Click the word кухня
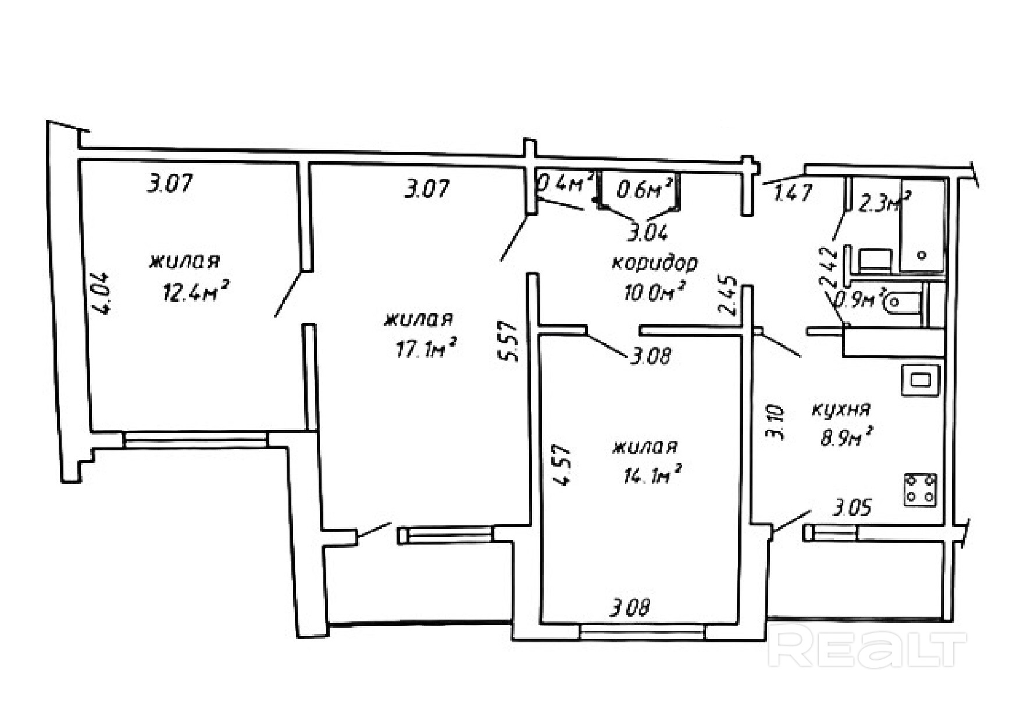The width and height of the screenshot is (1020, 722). [x=841, y=410]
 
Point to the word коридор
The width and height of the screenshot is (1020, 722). [x=654, y=264]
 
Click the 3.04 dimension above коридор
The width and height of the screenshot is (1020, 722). [x=647, y=233]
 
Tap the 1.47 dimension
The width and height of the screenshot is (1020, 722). [x=792, y=193]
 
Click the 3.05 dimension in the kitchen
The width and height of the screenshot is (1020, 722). [x=852, y=509]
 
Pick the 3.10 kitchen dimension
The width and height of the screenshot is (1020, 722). [x=778, y=424]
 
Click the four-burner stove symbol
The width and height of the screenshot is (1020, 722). [x=921, y=489]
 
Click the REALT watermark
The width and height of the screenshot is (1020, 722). [x=866, y=648]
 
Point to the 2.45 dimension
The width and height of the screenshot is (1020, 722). [x=730, y=296]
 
